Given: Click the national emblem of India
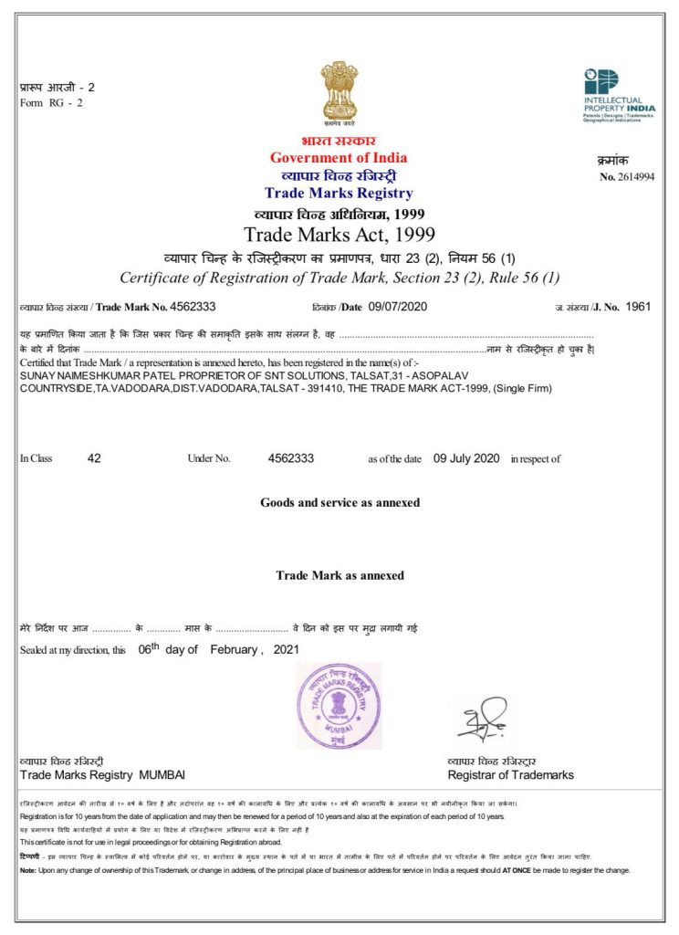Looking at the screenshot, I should pyautogui.click(x=339, y=91).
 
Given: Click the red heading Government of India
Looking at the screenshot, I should pyautogui.click(x=339, y=158).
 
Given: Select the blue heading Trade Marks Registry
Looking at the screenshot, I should pyautogui.click(x=339, y=193).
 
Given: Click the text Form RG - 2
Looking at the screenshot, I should pyautogui.click(x=52, y=102).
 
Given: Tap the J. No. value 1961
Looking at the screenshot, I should pyautogui.click(x=638, y=307).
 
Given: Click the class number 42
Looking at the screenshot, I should pyautogui.click(x=94, y=458).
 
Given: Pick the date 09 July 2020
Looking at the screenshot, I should pyautogui.click(x=466, y=458).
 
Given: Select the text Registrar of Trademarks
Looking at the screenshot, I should pyautogui.click(x=510, y=775).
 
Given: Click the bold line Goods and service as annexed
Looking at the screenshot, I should pyautogui.click(x=339, y=502).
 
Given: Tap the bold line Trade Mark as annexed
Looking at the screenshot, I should pyautogui.click(x=339, y=575).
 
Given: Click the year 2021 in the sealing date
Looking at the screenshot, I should pyautogui.click(x=285, y=649).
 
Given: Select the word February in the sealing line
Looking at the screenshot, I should pyautogui.click(x=235, y=649).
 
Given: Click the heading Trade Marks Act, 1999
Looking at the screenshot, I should pyautogui.click(x=339, y=235).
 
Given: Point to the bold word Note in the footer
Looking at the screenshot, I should pyautogui.click(x=27, y=870).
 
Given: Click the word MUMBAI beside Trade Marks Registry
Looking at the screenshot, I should pyautogui.click(x=162, y=775).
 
